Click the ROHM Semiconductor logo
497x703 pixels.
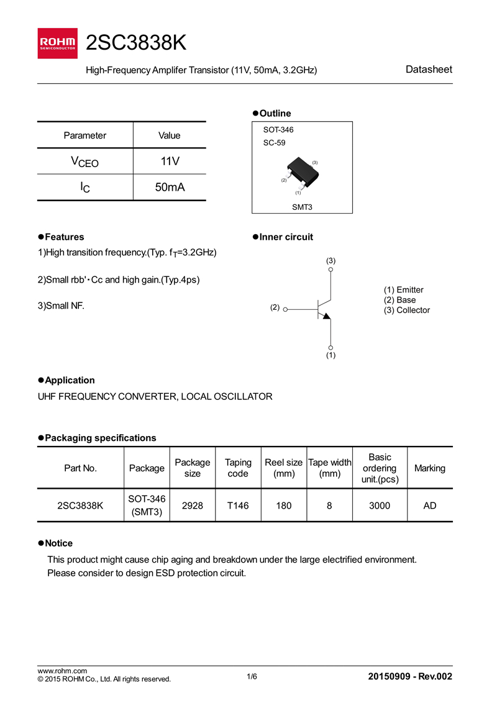point(58,43)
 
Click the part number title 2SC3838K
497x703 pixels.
point(136,43)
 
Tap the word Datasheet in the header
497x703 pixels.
point(429,70)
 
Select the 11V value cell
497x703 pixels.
point(169,161)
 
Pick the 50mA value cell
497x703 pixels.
point(169,187)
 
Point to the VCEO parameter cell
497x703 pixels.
point(85,162)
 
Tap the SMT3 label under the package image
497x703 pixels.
point(302,207)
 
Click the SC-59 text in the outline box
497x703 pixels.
point(274,143)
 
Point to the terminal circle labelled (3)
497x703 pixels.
point(331,270)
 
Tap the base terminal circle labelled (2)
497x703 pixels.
point(285,307)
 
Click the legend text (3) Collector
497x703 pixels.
point(407,310)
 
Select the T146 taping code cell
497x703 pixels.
point(238,506)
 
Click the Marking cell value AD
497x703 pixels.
point(430,506)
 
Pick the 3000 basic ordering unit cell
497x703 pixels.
point(380,506)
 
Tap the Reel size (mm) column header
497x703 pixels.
point(284,468)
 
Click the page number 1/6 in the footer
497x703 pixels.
point(252,676)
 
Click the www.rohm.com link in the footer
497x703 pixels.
point(62,671)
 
